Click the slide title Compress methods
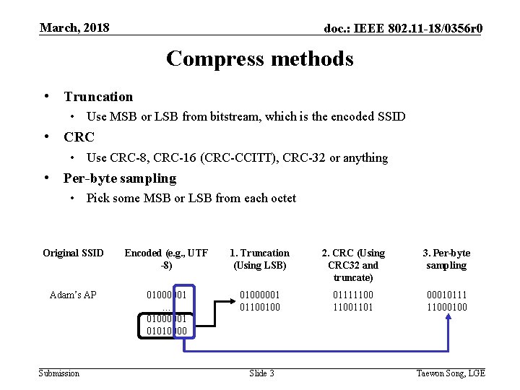(x=260, y=58)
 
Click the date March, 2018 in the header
(x=74, y=27)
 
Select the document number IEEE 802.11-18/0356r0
(x=404, y=28)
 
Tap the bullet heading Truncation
(x=98, y=96)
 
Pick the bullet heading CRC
(x=79, y=136)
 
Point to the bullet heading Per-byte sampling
(x=119, y=178)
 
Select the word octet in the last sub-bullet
(x=281, y=198)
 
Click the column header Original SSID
(x=73, y=253)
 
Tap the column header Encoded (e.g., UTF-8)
(x=166, y=259)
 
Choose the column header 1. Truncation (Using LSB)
(x=259, y=259)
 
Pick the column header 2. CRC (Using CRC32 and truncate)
(x=353, y=265)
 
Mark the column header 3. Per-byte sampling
(x=446, y=259)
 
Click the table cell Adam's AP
(x=73, y=295)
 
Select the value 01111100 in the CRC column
(x=353, y=295)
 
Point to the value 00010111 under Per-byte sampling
(x=446, y=295)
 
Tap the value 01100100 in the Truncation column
(x=259, y=307)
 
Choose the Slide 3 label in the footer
(x=261, y=373)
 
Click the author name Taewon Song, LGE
(x=451, y=373)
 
